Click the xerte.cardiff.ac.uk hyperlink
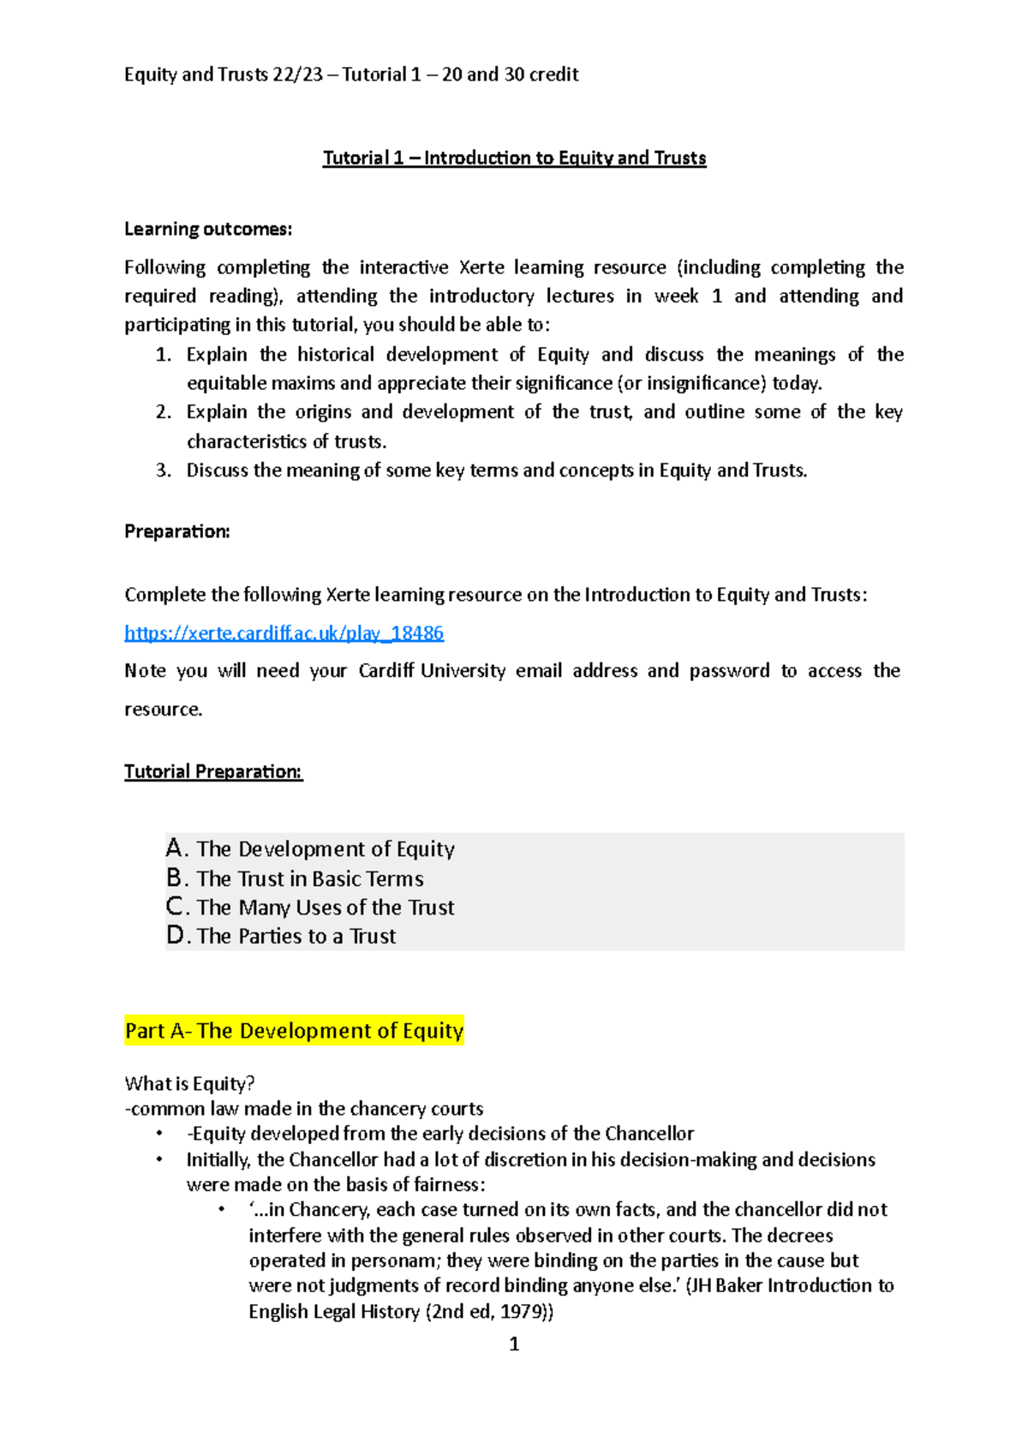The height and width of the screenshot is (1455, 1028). click(284, 633)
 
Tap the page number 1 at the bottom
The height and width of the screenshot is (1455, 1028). click(514, 1344)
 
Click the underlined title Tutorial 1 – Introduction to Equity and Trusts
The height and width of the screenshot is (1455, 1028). click(514, 158)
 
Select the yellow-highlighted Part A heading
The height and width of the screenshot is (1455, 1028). click(294, 1031)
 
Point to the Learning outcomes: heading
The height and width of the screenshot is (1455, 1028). click(208, 229)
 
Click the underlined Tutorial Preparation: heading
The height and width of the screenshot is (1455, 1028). click(213, 771)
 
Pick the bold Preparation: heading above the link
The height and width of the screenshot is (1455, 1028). click(177, 531)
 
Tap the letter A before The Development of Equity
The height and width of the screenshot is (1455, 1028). click(175, 848)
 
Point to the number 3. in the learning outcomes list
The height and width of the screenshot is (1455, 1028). click(164, 470)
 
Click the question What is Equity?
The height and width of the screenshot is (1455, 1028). click(189, 1084)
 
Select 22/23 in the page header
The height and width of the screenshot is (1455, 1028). click(297, 75)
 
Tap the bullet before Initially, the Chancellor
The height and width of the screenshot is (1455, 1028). click(159, 1159)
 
